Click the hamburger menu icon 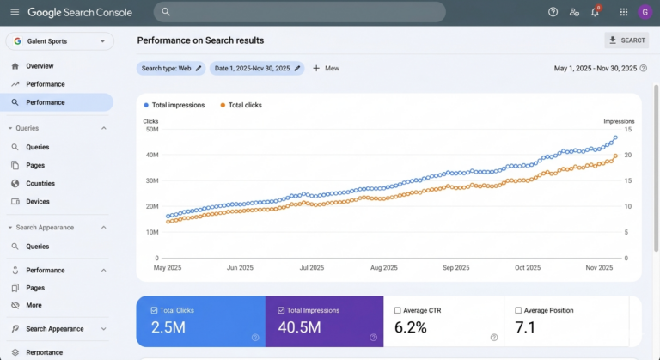point(15,12)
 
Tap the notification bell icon point(595,12)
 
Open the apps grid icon point(624,12)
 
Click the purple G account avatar point(645,12)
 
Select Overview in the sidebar point(40,66)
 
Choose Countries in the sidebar point(40,184)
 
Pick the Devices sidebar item point(38,202)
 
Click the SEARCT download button point(626,40)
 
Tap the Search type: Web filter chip point(171,68)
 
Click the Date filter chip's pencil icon point(297,68)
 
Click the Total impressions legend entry point(174,106)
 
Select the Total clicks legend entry point(241,106)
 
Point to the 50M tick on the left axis point(152,129)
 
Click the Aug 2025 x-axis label point(384,268)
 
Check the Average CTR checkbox point(397,310)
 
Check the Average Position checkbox point(518,310)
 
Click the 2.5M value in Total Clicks point(168,327)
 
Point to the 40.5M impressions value point(299,327)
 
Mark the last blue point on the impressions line point(615,137)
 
